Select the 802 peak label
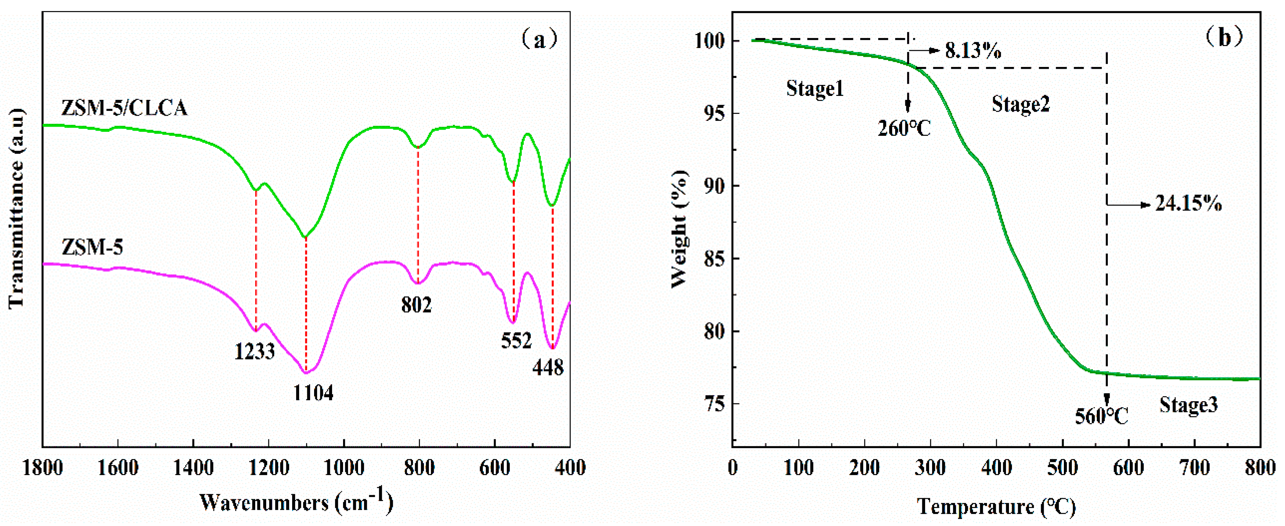pos(416,305)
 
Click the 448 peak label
pos(548,368)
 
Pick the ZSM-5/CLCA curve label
pos(124,108)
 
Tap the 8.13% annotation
pos(973,51)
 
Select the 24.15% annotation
pos(1188,204)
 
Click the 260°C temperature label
pos(904,128)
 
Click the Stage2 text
pos(1021,105)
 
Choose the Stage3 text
pos(1188,405)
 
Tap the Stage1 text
pos(815,89)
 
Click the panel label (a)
pos(539,39)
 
